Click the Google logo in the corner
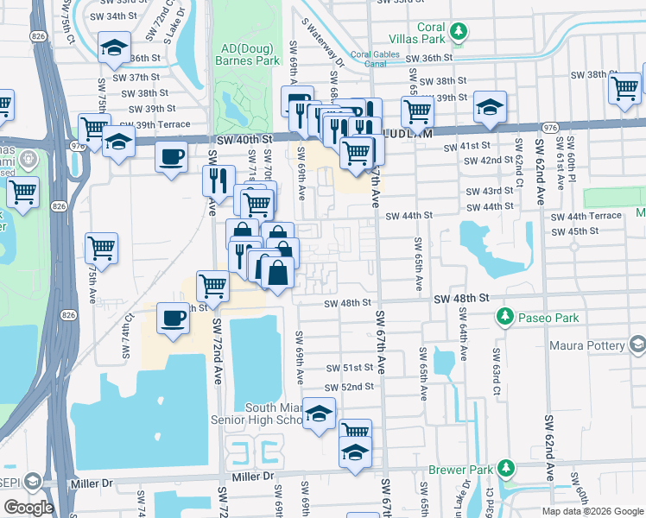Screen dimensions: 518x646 point(28,508)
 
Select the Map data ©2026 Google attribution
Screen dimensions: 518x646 point(592,511)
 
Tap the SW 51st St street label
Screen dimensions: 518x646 point(349,368)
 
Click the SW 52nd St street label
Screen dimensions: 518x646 point(349,386)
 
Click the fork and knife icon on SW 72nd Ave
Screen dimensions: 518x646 point(215,180)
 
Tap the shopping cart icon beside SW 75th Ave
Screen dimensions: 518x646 point(101,249)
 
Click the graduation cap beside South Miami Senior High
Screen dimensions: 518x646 point(320,414)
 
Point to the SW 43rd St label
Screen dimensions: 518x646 point(490,191)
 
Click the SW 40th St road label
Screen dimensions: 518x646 point(245,138)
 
